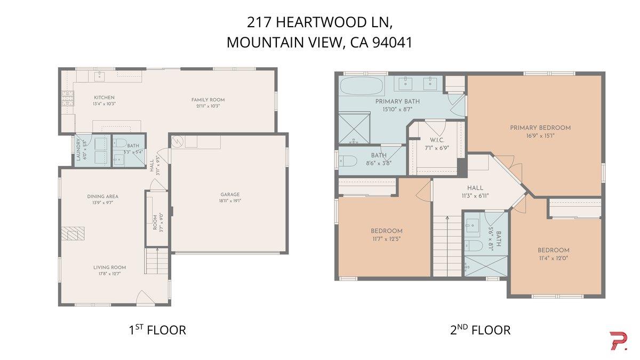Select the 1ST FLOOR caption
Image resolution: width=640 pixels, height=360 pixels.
pyautogui.click(x=157, y=330)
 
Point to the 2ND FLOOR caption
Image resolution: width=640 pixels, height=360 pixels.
pyautogui.click(x=480, y=330)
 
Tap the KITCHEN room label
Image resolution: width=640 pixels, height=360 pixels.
pyautogui.click(x=104, y=98)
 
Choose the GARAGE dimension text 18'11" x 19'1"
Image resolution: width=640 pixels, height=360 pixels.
pyautogui.click(x=230, y=202)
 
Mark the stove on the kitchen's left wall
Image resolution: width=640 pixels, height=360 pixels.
pyautogui.click(x=68, y=98)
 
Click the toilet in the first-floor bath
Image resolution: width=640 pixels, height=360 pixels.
pyautogui.click(x=119, y=143)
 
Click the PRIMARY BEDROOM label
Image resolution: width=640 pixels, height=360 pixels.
pyautogui.click(x=540, y=127)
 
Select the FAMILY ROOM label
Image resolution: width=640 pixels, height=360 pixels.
pyautogui.click(x=208, y=100)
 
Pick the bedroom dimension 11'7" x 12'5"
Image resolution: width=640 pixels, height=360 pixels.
pyautogui.click(x=386, y=238)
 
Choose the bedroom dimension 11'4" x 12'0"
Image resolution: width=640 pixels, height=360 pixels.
pyautogui.click(x=553, y=258)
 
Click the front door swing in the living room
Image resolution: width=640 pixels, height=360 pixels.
pyautogui.click(x=144, y=297)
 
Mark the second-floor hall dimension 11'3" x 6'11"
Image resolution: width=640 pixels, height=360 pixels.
pyautogui.click(x=475, y=195)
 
